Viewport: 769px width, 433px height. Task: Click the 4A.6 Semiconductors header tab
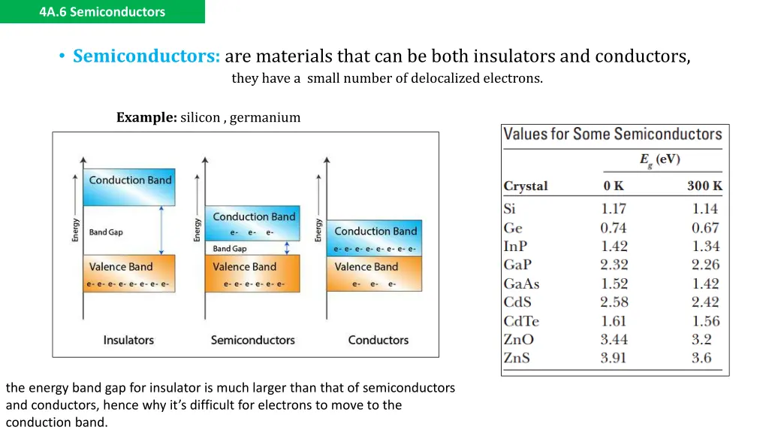[102, 12]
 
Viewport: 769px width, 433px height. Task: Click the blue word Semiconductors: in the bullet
[146, 56]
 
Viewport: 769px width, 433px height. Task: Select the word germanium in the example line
[265, 117]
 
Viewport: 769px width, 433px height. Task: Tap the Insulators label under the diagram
[128, 341]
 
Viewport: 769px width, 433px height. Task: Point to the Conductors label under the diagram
[378, 341]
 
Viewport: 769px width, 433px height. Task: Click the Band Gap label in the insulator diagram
[106, 232]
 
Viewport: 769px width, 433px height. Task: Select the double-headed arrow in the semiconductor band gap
[286, 248]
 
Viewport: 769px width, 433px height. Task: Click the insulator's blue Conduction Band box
[129, 187]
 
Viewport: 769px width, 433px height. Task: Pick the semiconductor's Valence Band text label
[244, 267]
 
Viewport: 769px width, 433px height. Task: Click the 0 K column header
[613, 186]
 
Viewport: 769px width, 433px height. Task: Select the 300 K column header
[704, 186]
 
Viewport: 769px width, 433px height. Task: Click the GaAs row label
[521, 284]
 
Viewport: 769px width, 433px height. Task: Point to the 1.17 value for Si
[613, 209]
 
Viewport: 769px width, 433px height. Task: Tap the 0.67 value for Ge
[705, 228]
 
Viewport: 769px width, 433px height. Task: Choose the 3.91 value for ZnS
[613, 358]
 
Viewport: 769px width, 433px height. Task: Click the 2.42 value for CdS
[705, 302]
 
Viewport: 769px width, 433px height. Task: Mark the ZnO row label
[518, 340]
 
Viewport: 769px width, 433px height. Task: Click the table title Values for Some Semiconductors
[612, 135]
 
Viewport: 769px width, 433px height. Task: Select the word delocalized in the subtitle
[443, 78]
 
